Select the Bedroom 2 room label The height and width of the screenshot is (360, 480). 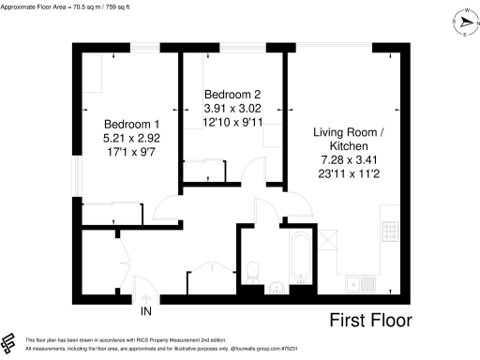tap(230, 93)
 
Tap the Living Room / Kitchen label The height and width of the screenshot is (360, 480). tap(347, 141)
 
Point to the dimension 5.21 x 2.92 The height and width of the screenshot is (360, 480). tap(127, 138)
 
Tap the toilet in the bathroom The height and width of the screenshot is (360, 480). tap(251, 271)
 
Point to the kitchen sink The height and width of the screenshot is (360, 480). tap(354, 283)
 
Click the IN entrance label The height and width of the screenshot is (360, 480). tap(145, 311)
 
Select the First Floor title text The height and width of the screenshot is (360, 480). tap(370, 321)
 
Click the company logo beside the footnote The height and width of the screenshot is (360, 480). tap(9, 342)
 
